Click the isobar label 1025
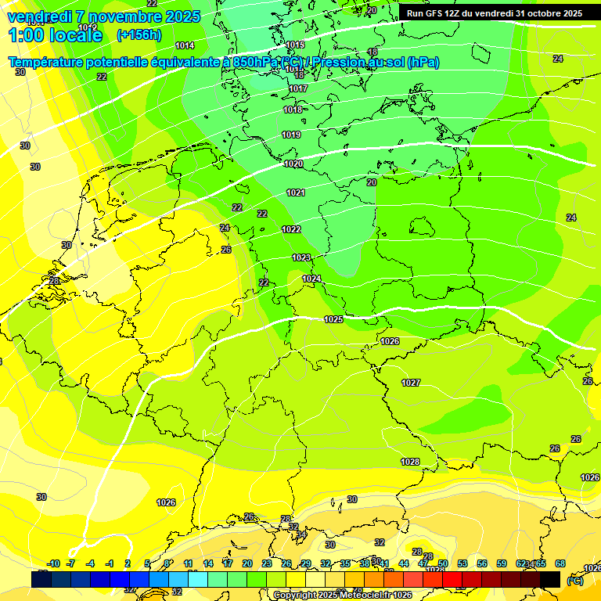pyautogui.click(x=333, y=319)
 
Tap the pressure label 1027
pyautogui.click(x=411, y=383)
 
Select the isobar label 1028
pyautogui.click(x=410, y=462)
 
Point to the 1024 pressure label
pyautogui.click(x=311, y=279)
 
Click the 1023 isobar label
pyautogui.click(x=301, y=257)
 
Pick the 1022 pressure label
pyautogui.click(x=291, y=229)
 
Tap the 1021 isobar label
pyautogui.click(x=296, y=193)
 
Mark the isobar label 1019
pyautogui.click(x=291, y=135)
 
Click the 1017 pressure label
pyautogui.click(x=297, y=89)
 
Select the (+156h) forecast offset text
pyautogui.click(x=139, y=34)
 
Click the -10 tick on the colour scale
pyautogui.click(x=54, y=563)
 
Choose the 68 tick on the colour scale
pyautogui.click(x=560, y=563)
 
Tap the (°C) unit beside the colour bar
pyautogui.click(x=575, y=581)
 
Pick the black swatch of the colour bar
pyautogui.click(x=550, y=579)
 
